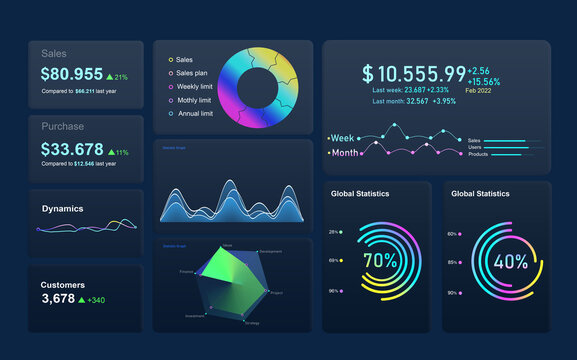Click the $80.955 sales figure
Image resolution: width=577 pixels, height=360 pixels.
tap(71, 74)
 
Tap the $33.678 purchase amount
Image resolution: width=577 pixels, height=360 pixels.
tap(71, 149)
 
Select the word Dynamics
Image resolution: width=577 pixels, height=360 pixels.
tap(62, 209)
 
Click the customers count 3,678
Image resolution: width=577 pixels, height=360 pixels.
tap(58, 299)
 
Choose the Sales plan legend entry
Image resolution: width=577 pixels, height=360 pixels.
tap(193, 73)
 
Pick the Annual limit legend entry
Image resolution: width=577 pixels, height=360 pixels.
tap(194, 114)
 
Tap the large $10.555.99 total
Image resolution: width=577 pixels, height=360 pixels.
tap(414, 74)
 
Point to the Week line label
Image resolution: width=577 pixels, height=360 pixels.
tap(343, 138)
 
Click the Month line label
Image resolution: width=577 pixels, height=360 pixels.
tap(345, 153)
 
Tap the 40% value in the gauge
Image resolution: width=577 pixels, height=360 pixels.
tap(510, 263)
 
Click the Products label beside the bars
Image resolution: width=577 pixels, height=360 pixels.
tap(478, 154)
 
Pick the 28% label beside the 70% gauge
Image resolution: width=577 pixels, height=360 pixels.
tap(333, 232)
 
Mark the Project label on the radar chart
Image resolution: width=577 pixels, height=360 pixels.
tap(277, 293)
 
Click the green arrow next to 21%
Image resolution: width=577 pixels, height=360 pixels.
tap(110, 76)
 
